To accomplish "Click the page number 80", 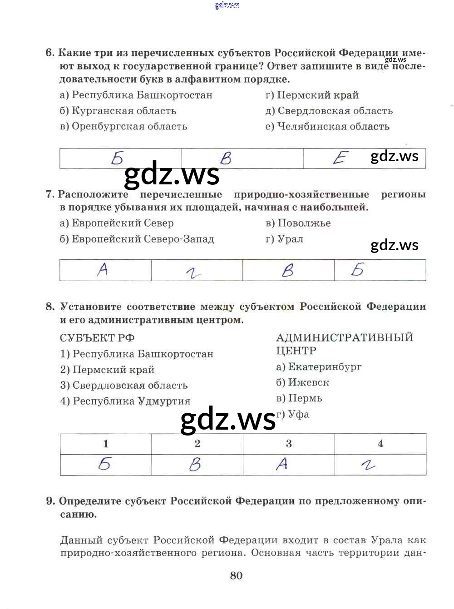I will [236, 575].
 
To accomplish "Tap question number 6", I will [49, 53].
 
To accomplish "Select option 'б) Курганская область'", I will [118, 111].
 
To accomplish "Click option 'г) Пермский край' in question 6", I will [312, 95].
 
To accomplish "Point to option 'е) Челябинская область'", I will [327, 127].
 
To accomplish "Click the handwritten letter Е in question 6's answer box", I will [340, 158].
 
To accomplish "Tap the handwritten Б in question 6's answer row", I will [117, 158].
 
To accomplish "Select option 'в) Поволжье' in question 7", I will [298, 223].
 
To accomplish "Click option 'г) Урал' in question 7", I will [284, 239].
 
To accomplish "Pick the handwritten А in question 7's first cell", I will [103, 270].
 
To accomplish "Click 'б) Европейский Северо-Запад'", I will [137, 239].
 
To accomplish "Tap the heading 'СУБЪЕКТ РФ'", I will [97, 338].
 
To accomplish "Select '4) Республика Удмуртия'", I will [125, 401].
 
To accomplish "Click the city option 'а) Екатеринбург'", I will [319, 367].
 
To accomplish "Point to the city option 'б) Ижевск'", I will [302, 382].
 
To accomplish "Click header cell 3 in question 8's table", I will [289, 444].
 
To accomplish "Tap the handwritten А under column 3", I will [282, 464].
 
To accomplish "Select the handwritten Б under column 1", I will [105, 464].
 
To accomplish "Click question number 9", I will [50, 501].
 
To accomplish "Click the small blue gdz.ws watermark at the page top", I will [227, 5].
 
